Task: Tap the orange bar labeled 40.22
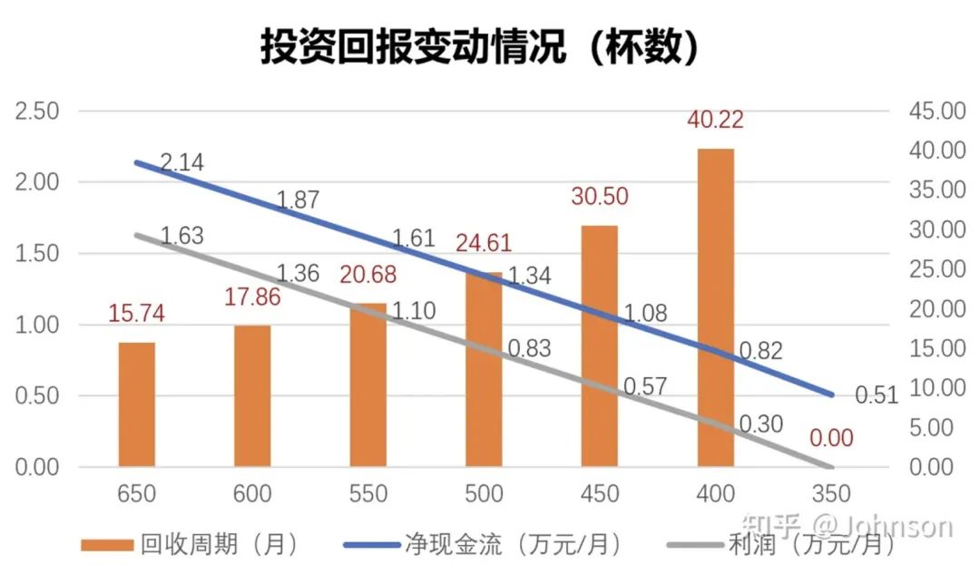[x=716, y=308]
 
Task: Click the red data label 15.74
[x=137, y=314]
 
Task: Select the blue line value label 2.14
[x=181, y=163]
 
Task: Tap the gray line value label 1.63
[x=181, y=237]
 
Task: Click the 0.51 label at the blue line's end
[x=876, y=395]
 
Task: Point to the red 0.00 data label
[x=831, y=439]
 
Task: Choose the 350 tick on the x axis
[x=831, y=494]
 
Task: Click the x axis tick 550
[x=367, y=494]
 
